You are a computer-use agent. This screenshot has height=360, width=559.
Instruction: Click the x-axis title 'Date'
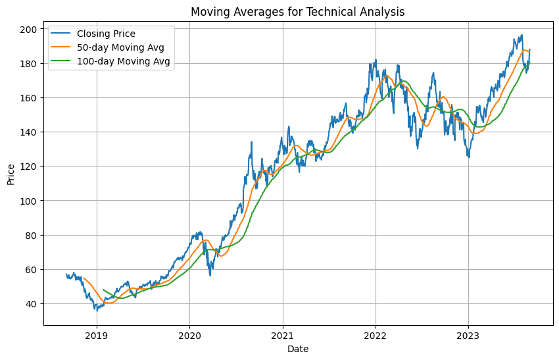click(x=298, y=349)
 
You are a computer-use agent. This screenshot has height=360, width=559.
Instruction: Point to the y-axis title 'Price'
click(x=11, y=173)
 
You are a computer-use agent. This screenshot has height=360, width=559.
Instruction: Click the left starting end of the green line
click(x=103, y=290)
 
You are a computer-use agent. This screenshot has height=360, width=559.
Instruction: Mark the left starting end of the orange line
click(x=84, y=278)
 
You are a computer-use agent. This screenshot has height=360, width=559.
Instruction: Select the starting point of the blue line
click(x=66, y=274)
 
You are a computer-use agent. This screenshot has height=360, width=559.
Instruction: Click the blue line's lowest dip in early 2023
click(x=469, y=157)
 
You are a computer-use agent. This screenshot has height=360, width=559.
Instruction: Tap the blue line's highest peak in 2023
click(x=522, y=36)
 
